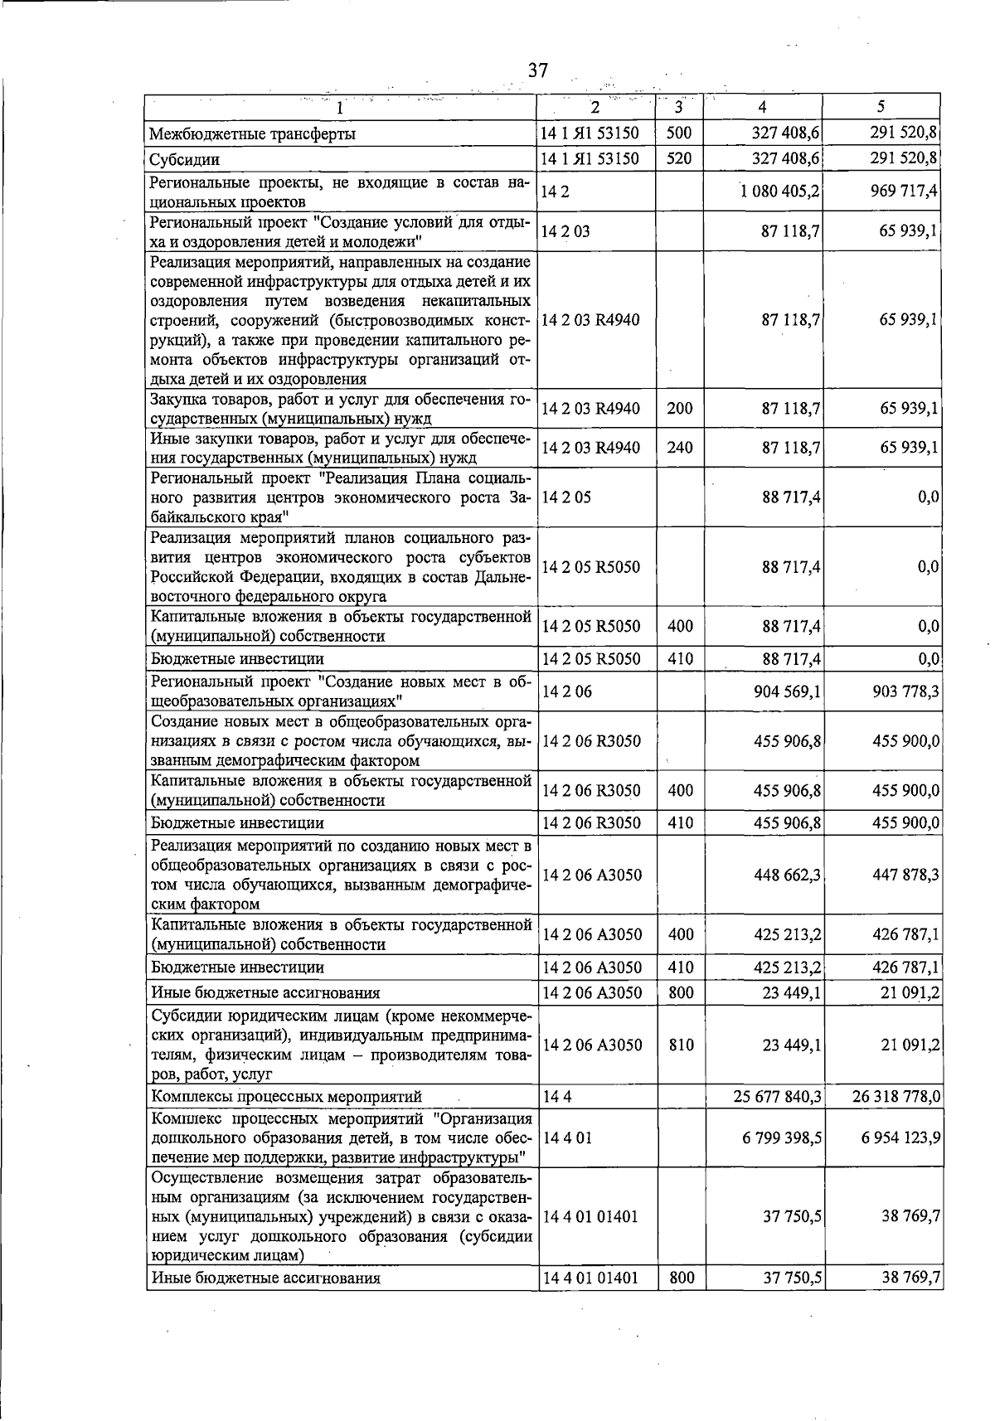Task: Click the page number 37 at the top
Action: [x=538, y=70]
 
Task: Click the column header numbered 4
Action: [x=762, y=107]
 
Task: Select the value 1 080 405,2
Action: [x=780, y=191]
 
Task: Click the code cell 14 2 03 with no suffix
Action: [x=565, y=231]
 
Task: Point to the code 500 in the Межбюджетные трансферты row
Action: [x=679, y=133]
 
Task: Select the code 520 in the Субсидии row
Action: [x=679, y=158]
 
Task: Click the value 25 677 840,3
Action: [x=778, y=1097]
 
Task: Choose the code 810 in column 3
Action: [x=681, y=1045]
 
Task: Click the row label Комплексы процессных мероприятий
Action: [x=286, y=1097]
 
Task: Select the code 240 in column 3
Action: [x=680, y=448]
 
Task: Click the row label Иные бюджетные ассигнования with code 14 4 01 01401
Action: [x=265, y=1301]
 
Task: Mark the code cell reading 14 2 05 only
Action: [x=565, y=497]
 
